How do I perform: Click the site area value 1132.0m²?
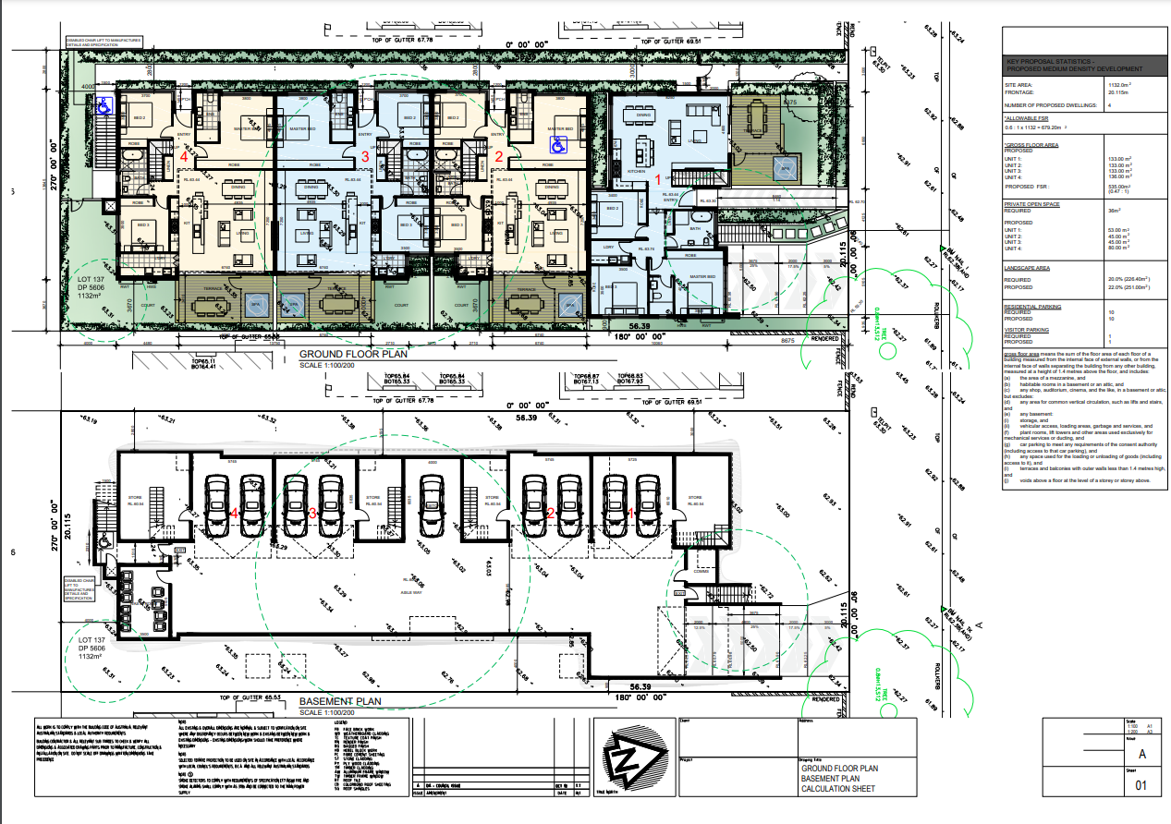coord(1121,84)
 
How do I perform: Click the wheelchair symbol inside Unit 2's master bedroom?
coord(557,144)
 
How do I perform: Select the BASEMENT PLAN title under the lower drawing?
coord(341,701)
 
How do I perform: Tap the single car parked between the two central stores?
coord(429,504)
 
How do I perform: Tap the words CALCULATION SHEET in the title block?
coord(837,789)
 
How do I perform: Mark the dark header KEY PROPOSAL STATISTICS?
coord(1074,65)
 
